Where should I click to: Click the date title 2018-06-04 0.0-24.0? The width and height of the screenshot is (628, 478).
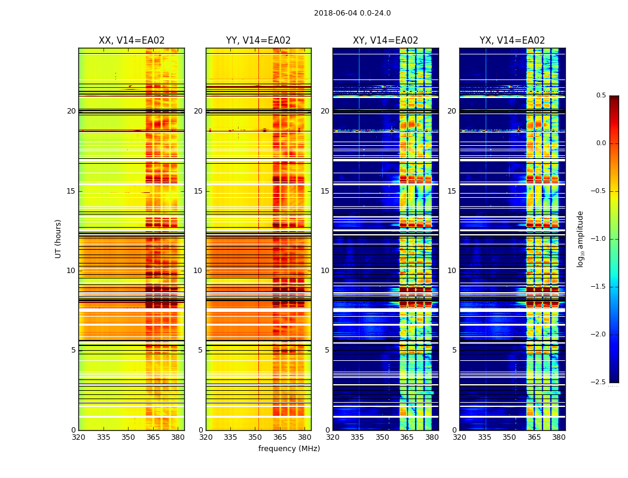[352, 13]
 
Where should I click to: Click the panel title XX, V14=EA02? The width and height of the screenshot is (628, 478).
[132, 41]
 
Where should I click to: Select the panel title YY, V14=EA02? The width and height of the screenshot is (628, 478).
[258, 41]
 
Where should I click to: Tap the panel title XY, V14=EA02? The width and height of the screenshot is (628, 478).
[385, 41]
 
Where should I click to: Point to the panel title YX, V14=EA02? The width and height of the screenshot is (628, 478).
[512, 41]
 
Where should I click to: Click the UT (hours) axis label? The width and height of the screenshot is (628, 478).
[58, 238]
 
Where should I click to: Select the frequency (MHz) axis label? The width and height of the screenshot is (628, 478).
[289, 449]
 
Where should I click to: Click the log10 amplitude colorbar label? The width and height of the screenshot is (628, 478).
[580, 238]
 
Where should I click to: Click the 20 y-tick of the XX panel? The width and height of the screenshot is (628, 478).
[71, 111]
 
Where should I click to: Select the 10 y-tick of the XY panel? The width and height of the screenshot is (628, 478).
[325, 271]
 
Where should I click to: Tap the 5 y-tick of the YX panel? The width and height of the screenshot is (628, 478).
[454, 350]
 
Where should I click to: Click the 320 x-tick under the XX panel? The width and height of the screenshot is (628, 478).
[78, 437]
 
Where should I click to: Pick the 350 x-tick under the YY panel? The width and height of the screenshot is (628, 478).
[255, 437]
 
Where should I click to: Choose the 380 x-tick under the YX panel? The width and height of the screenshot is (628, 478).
[559, 437]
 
